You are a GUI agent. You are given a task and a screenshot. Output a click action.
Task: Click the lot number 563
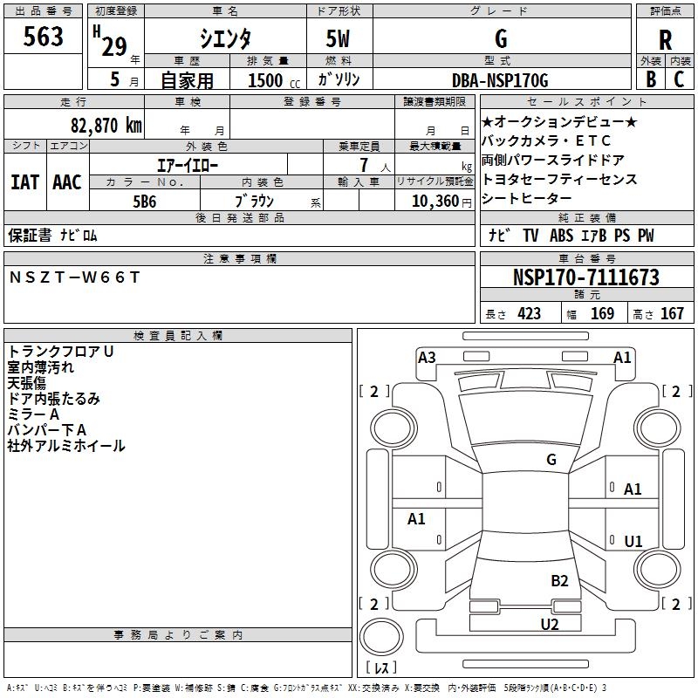[x=44, y=37]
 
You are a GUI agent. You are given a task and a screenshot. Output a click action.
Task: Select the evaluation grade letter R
[x=665, y=39]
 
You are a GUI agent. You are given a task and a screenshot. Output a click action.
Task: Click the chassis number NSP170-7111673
[x=585, y=277]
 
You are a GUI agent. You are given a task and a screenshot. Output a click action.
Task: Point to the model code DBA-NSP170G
[x=500, y=80]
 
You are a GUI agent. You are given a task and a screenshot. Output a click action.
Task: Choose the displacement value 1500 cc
[x=266, y=80]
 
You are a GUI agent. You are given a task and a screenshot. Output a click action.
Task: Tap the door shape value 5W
[x=339, y=39]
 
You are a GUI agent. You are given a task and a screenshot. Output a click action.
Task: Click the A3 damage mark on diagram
[x=427, y=357]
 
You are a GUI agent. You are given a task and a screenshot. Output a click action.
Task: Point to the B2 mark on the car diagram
[x=559, y=580]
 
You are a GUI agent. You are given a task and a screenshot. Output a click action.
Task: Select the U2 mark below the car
[x=549, y=623]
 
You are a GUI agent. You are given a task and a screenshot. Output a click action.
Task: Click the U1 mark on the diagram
[x=633, y=542]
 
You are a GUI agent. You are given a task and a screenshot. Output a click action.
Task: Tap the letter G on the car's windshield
[x=551, y=460]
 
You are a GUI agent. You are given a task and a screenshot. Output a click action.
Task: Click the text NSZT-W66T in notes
[x=74, y=277]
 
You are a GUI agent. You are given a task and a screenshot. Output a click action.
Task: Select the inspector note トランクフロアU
[x=61, y=352]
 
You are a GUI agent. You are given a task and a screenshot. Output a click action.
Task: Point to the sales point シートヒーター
[x=525, y=198]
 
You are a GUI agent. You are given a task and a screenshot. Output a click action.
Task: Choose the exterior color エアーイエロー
[x=188, y=164]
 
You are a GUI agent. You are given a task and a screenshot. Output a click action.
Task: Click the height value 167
[x=672, y=313]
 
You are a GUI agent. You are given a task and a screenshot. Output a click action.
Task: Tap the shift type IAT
[x=24, y=181]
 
